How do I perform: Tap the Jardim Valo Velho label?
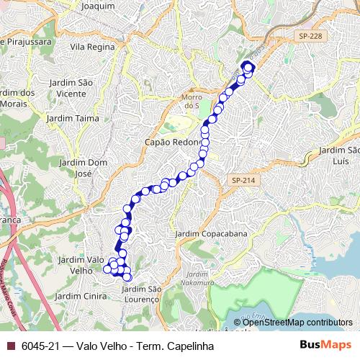[x=80, y=264]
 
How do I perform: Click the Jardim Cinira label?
[x=80, y=295]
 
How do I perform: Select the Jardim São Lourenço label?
[x=140, y=294]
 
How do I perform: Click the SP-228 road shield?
[x=310, y=34]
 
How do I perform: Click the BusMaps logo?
[x=325, y=345]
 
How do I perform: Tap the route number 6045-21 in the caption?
[x=40, y=346]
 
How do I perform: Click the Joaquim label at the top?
[x=99, y=6]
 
